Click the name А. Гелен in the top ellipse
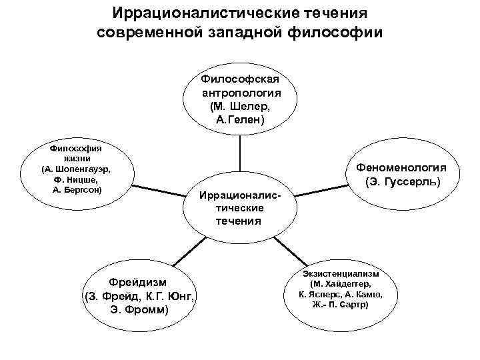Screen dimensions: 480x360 point(241,120)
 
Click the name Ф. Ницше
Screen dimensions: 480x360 point(75,179)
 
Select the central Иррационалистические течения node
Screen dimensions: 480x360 point(238,208)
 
